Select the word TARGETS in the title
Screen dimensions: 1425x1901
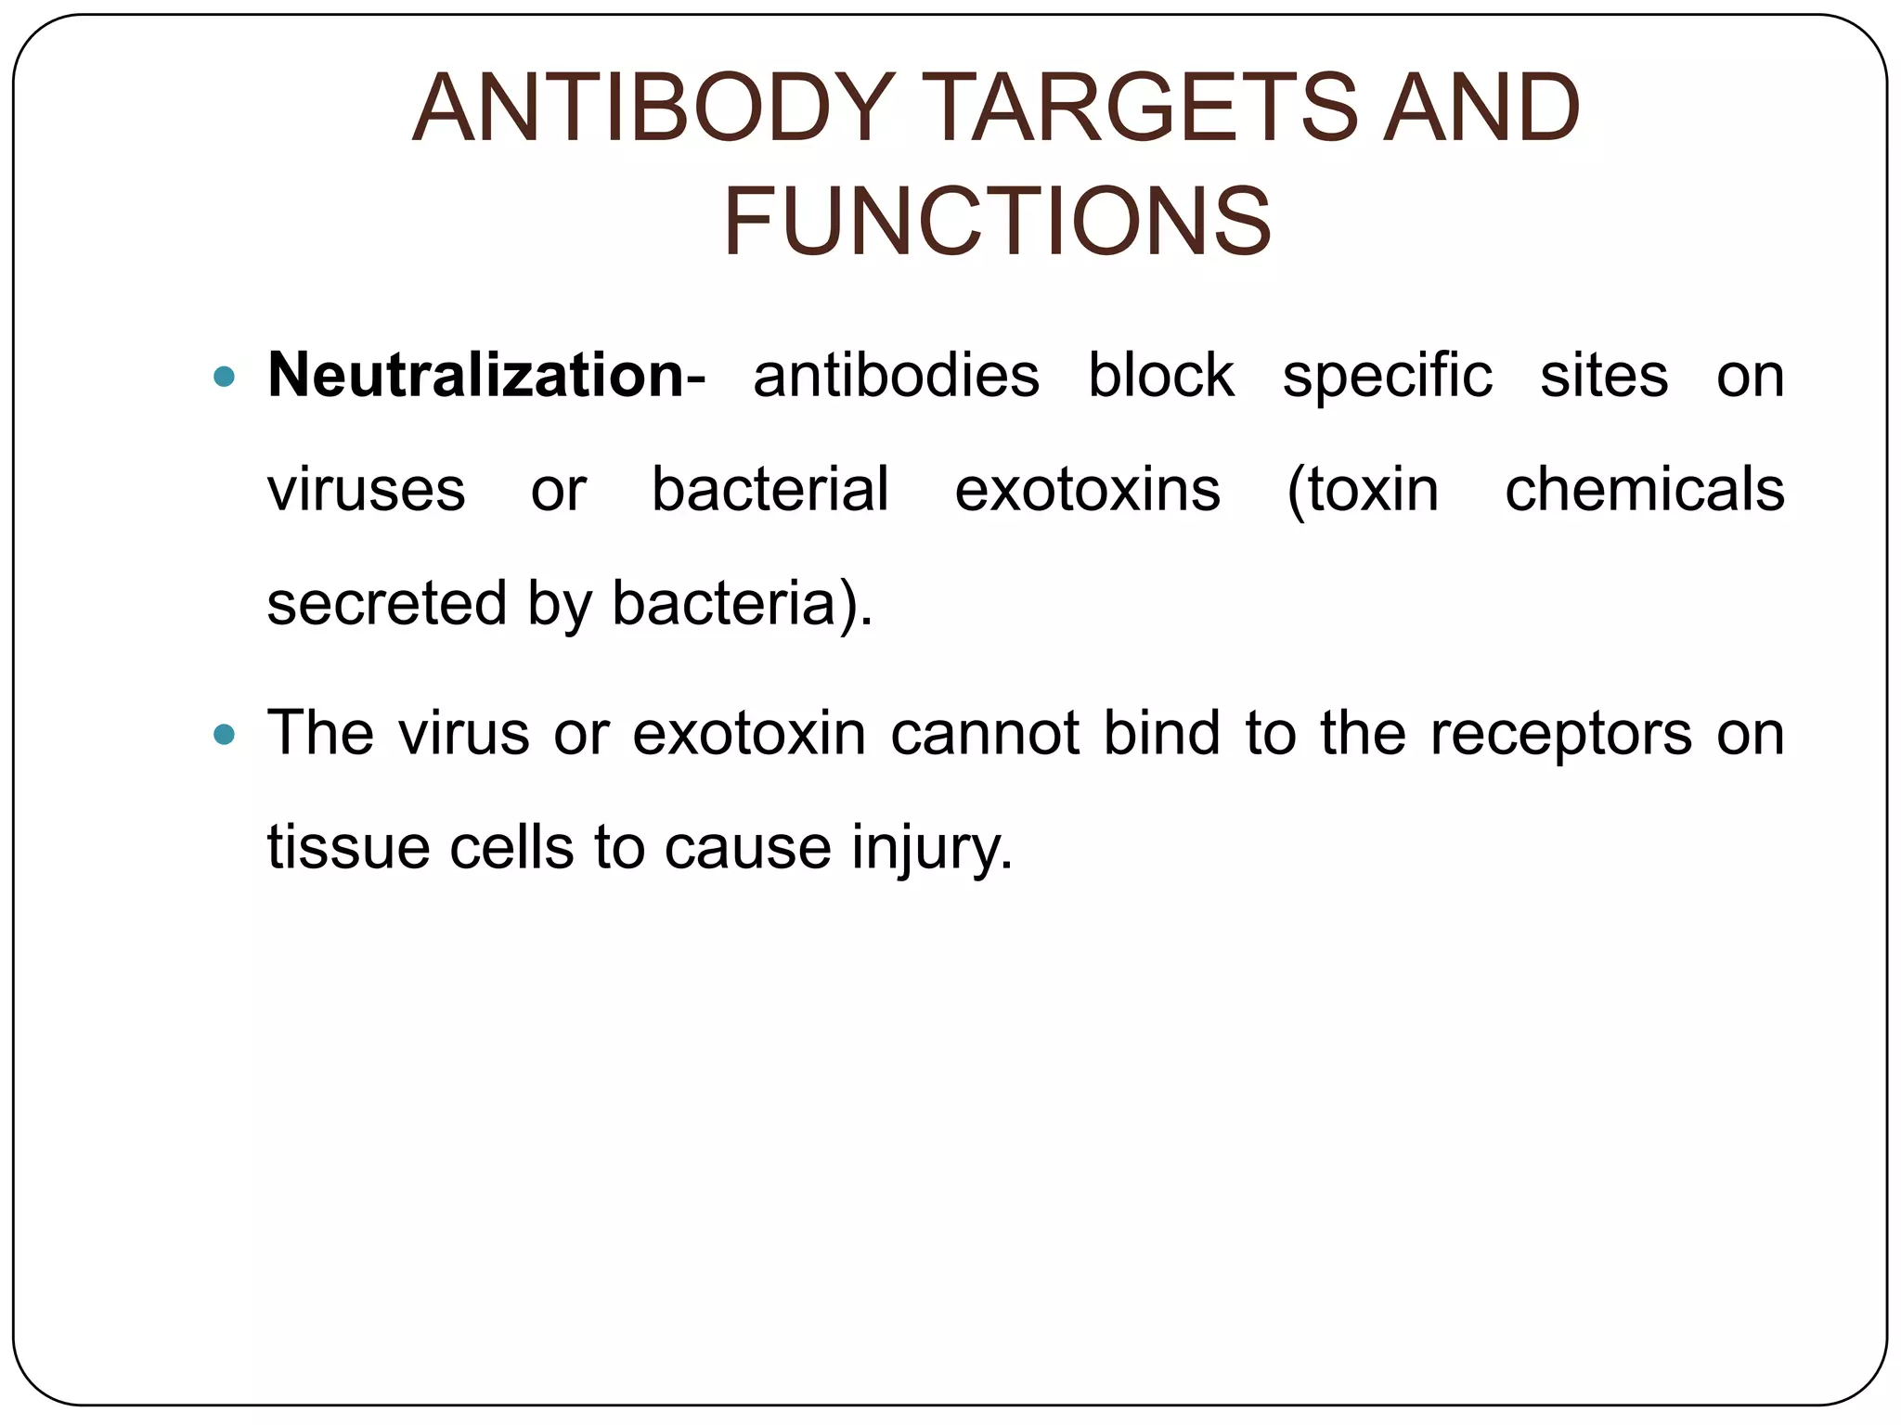(1141, 109)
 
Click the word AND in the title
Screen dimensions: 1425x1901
(1481, 109)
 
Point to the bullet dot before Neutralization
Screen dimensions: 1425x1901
(224, 377)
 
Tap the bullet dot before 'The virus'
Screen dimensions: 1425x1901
(224, 735)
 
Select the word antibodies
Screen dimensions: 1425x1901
(896, 376)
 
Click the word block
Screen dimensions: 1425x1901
(1160, 376)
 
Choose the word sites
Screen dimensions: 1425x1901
(1604, 376)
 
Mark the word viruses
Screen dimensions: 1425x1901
(366, 490)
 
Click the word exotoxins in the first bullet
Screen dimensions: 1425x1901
(1087, 490)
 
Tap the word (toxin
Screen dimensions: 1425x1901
(1362, 490)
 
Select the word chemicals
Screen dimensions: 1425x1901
(1644, 490)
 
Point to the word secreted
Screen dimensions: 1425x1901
(385, 603)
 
